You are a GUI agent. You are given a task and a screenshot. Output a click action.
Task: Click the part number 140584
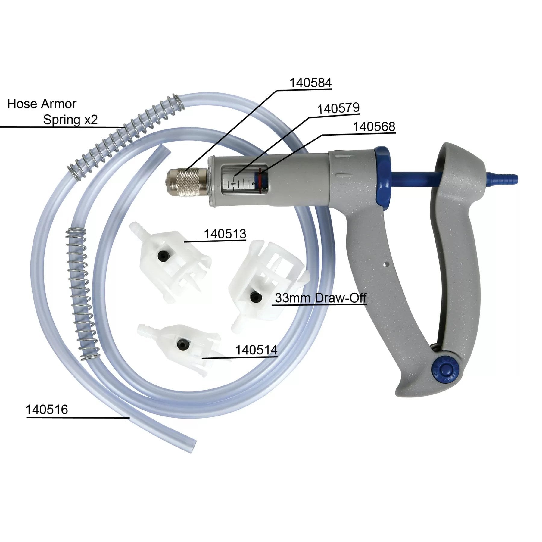click(x=310, y=83)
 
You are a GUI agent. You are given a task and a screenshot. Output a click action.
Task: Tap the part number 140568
click(x=374, y=127)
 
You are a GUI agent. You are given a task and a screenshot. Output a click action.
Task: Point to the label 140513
click(x=225, y=234)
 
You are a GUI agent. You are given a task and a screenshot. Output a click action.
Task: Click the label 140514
click(x=256, y=350)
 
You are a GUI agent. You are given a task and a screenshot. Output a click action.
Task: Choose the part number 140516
click(x=47, y=410)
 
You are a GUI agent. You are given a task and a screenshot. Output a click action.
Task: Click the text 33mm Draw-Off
click(x=320, y=298)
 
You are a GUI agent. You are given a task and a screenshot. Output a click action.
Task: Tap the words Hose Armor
click(x=42, y=104)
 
